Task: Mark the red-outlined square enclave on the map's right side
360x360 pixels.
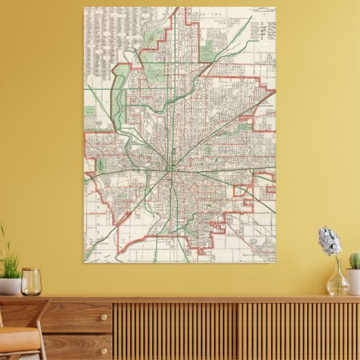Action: coord(243,190)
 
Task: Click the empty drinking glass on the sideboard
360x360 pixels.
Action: coord(31,281)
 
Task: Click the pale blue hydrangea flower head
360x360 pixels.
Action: coord(329,241)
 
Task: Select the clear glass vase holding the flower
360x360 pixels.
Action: coord(337,282)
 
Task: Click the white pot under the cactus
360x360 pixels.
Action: coord(353,280)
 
